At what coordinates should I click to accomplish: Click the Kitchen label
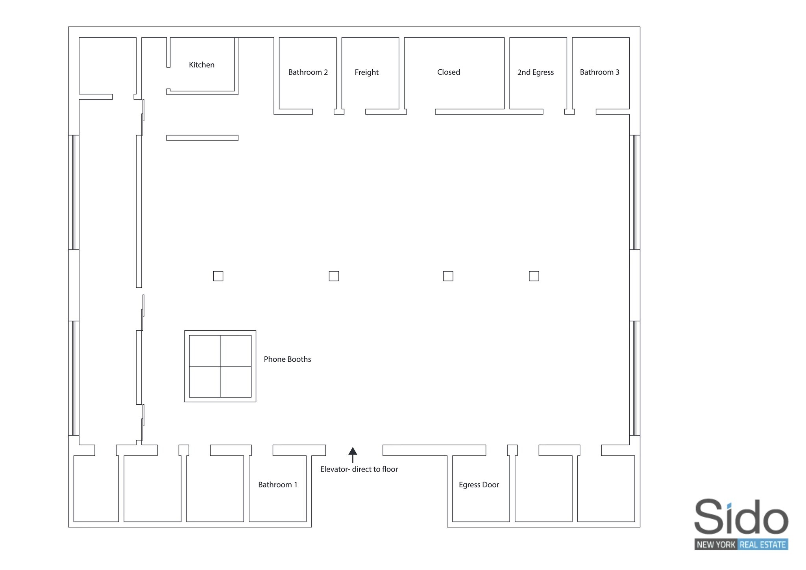201,65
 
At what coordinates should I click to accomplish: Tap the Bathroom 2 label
308,72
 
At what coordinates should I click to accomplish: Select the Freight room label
366,72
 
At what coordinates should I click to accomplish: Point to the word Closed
448,72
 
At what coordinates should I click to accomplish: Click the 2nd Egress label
535,72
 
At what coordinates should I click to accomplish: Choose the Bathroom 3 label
599,72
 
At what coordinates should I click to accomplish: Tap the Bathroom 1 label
277,485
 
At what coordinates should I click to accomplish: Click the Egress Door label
479,485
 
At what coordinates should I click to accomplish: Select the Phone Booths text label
287,359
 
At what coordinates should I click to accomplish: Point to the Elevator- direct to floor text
359,469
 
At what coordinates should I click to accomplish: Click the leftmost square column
218,276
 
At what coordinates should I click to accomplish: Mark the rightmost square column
534,276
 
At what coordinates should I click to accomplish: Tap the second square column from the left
334,276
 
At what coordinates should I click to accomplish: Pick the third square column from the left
448,276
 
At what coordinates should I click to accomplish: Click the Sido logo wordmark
741,517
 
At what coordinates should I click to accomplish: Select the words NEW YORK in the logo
715,545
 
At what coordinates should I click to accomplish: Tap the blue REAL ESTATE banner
763,545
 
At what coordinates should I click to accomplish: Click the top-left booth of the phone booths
205,351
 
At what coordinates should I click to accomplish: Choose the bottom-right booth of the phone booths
236,382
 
